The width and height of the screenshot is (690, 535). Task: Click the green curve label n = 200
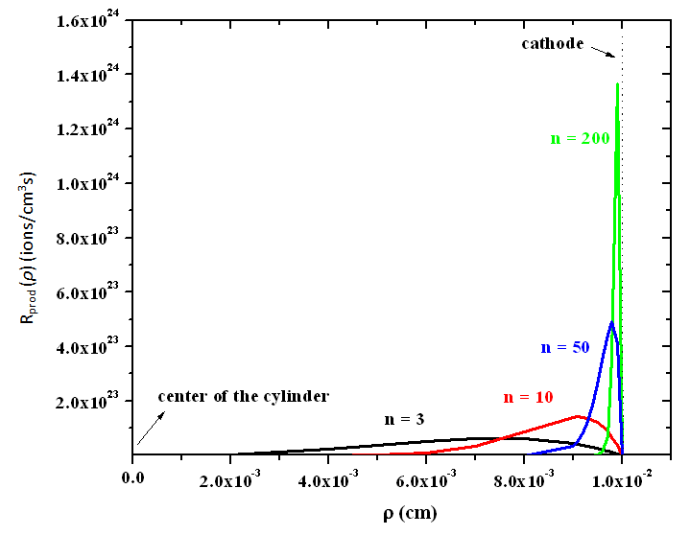click(x=580, y=138)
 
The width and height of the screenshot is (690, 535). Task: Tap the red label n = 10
click(x=528, y=397)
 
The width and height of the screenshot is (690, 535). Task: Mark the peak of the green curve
click(x=616, y=84)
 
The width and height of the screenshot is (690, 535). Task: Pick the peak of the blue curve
click(x=611, y=322)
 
